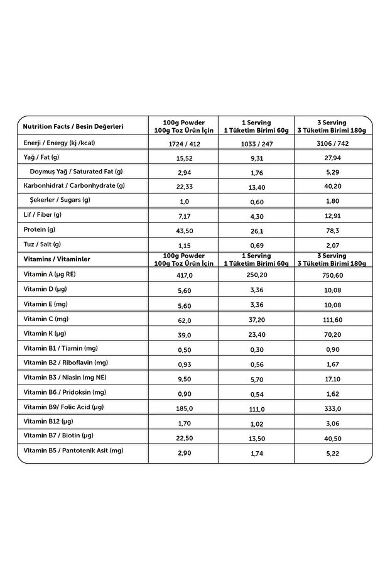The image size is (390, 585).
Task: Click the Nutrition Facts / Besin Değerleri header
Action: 73,126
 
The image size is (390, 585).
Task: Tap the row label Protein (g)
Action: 40,229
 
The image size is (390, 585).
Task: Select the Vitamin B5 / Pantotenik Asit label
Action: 73,450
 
